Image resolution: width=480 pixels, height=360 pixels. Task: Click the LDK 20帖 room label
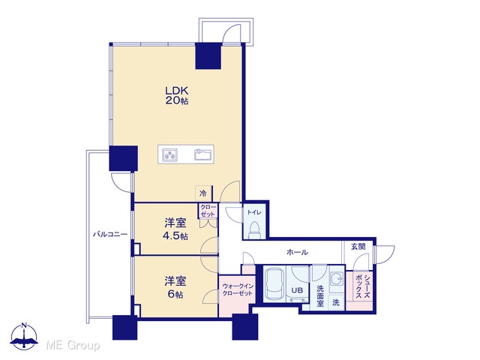[x=177, y=95]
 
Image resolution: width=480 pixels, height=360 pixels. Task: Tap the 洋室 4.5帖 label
[x=175, y=229]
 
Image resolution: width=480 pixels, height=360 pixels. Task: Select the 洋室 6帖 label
[x=175, y=287]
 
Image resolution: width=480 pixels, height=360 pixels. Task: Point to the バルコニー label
[x=110, y=235]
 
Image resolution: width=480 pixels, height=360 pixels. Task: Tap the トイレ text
[x=254, y=212]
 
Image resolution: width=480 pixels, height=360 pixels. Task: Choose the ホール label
[x=297, y=253]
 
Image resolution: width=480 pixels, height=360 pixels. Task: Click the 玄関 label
[x=358, y=247]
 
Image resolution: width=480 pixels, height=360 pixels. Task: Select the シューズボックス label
[x=363, y=286]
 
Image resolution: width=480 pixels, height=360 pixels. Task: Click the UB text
[x=297, y=290]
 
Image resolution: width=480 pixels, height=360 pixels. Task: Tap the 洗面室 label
[x=320, y=295]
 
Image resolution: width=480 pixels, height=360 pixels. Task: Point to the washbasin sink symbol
[x=337, y=279]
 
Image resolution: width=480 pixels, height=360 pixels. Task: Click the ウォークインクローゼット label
[x=238, y=290]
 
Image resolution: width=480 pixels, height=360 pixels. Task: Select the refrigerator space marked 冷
[x=202, y=193]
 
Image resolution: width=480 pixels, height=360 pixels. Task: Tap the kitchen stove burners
[x=169, y=154]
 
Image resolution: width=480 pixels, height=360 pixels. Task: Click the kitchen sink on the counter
[x=203, y=154]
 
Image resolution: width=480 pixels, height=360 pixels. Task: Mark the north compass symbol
[x=24, y=336]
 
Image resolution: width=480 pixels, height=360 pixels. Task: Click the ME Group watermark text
[x=73, y=346]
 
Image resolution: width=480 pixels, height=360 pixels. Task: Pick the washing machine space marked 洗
[x=336, y=303]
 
